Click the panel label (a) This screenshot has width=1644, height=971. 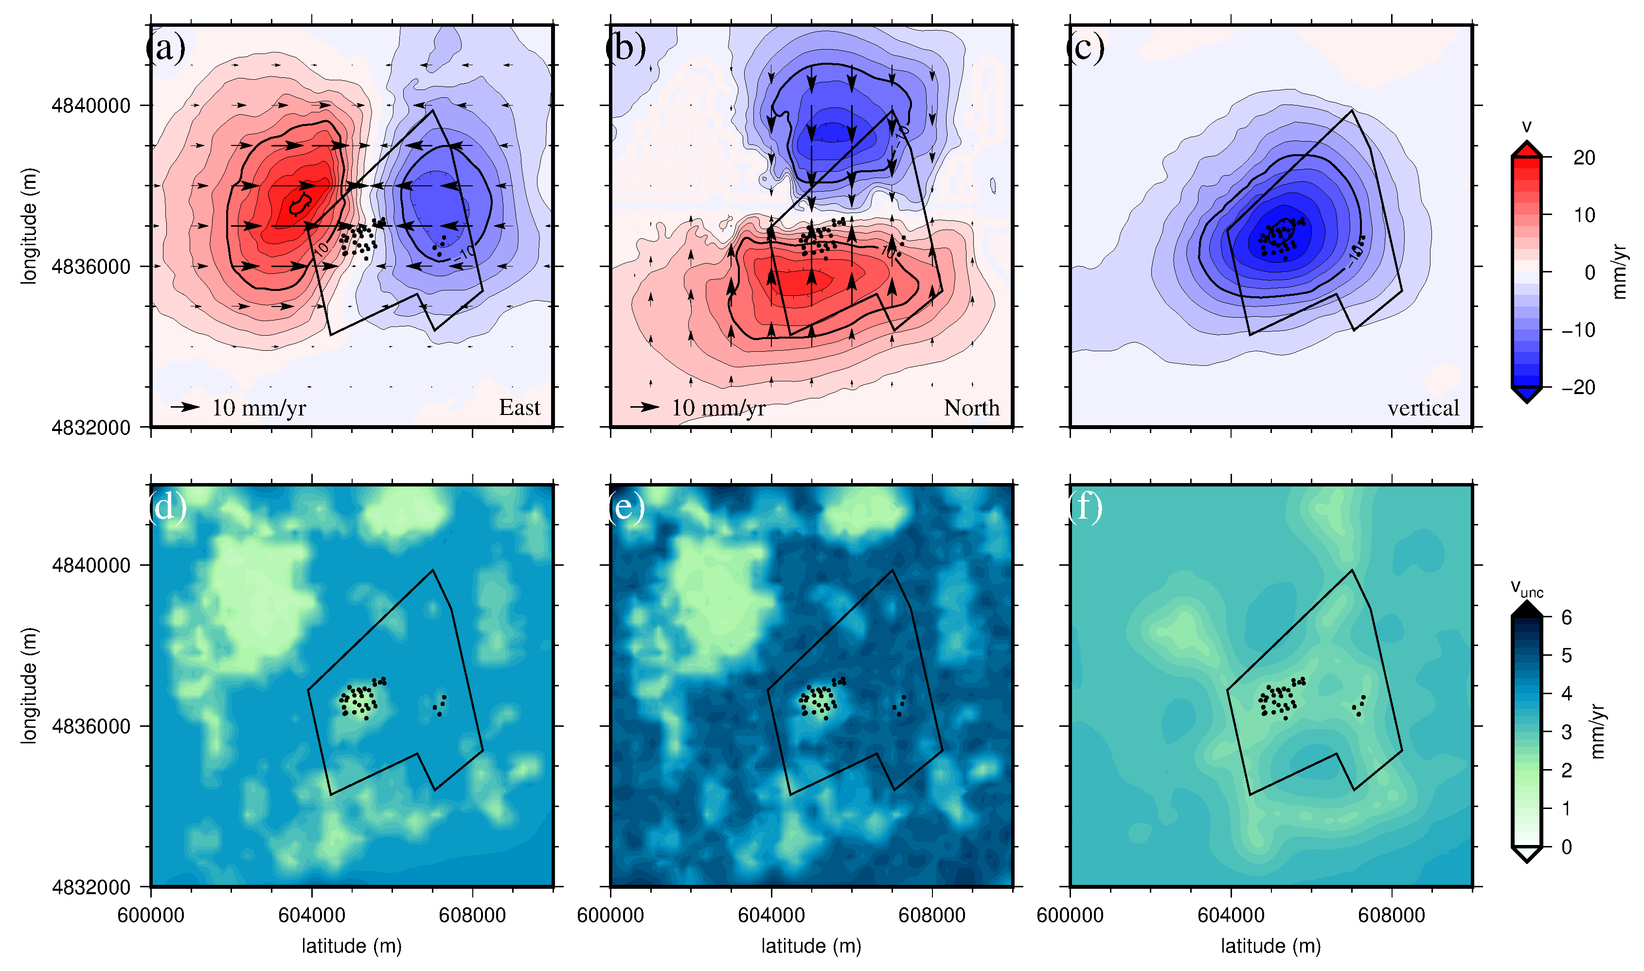165,48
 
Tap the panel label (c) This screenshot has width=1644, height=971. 1085,48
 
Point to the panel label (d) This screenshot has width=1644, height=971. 166,507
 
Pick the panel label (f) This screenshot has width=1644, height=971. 1085,507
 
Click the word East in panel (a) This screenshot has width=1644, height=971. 519,408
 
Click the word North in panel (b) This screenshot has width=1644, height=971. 971,408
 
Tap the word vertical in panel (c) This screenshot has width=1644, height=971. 1423,408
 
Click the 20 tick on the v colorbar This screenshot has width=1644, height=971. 1584,158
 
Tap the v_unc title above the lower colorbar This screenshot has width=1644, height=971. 1526,588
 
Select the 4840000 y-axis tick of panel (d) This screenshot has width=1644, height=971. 91,565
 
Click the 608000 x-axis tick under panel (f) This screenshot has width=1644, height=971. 1392,915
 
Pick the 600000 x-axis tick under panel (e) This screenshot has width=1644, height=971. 610,915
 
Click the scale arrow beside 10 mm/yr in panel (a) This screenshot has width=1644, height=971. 185,407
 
